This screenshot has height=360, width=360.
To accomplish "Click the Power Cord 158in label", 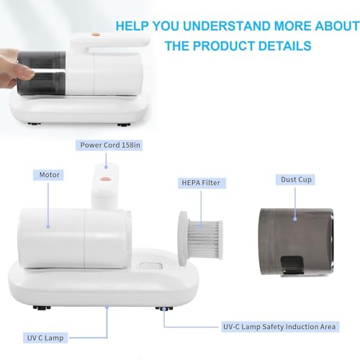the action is pyautogui.click(x=109, y=145).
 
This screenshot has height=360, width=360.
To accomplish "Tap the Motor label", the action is pyautogui.click(x=48, y=175).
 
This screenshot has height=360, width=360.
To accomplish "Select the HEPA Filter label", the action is pyautogui.click(x=202, y=183).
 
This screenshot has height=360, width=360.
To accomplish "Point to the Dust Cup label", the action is pyautogui.click(x=295, y=179).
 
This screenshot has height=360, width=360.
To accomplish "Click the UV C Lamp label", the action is pyautogui.click(x=45, y=338).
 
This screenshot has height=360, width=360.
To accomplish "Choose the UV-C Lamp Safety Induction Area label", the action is pyautogui.click(x=280, y=327).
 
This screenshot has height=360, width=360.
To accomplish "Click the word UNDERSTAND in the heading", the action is pyautogui.click(x=226, y=26).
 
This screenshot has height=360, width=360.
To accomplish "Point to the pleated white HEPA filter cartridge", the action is pyautogui.click(x=201, y=238).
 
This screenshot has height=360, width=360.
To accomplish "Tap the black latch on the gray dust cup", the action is pyautogui.click(x=292, y=266).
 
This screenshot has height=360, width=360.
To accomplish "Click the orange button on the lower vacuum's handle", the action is pyautogui.click(x=104, y=179).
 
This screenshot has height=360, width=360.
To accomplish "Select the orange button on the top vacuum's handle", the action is pyautogui.click(x=96, y=35).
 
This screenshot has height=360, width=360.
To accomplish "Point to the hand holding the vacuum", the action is pyautogui.click(x=14, y=68).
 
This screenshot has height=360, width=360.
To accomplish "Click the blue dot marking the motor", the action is pyautogui.click(x=48, y=227).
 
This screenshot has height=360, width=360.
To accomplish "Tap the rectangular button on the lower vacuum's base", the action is pyautogui.click(x=151, y=266).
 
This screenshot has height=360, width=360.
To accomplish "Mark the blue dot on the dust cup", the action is pyautogui.click(x=295, y=219).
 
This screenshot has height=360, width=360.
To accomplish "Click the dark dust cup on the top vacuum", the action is pyautogui.click(x=41, y=73).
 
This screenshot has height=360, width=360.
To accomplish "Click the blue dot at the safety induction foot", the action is pyautogui.click(x=164, y=310).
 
